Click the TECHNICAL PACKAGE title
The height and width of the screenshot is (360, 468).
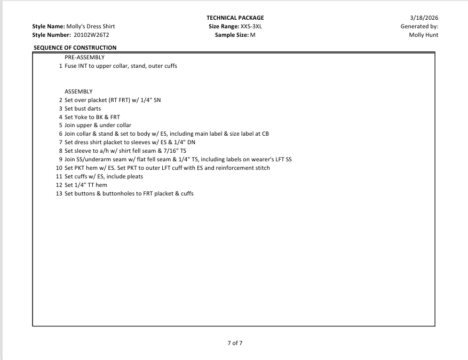tap(235, 18)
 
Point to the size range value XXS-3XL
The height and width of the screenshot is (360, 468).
tap(251, 27)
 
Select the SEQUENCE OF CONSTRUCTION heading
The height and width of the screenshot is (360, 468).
tap(75, 48)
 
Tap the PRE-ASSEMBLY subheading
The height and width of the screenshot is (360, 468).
tap(84, 57)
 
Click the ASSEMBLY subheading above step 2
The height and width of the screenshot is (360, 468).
tap(78, 91)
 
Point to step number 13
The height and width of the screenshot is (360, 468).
tap(59, 193)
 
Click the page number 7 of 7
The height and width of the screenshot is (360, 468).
tap(235, 343)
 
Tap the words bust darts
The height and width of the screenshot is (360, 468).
tap(88, 108)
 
